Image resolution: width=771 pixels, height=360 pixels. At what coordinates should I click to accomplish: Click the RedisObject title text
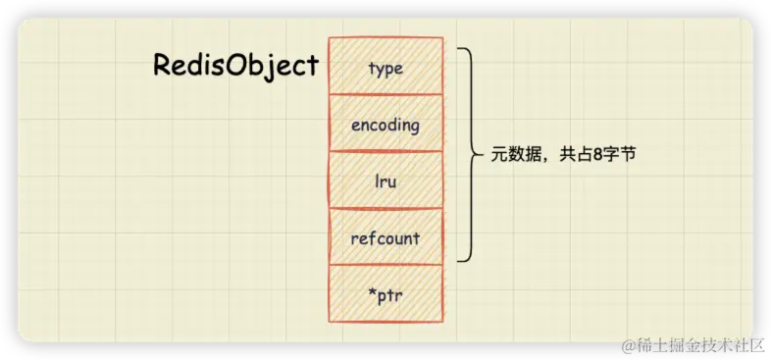point(236,66)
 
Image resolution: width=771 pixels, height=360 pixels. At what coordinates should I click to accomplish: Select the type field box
point(386,66)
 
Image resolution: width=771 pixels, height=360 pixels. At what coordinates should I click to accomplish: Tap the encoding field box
point(386,123)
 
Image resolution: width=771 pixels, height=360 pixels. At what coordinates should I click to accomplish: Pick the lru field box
point(386,180)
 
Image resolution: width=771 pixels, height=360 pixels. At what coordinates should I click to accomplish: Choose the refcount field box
point(386,236)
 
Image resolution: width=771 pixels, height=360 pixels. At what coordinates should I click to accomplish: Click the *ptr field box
point(386,293)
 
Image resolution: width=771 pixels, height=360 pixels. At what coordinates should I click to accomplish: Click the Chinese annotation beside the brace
point(563,155)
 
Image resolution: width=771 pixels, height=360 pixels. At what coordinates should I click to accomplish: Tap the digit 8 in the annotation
point(599,155)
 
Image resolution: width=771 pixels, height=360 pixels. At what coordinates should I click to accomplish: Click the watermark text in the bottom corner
point(694,345)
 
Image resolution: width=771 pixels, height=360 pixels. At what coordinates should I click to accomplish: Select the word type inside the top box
point(386,69)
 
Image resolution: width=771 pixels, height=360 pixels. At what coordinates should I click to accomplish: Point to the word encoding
point(385,126)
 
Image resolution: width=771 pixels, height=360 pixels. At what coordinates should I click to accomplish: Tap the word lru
point(385,182)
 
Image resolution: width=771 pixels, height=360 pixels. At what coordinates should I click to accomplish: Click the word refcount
point(385,239)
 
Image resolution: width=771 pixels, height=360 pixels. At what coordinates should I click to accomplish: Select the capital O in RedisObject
point(241,66)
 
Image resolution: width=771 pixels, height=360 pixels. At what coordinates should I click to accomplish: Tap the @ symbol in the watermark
point(629,346)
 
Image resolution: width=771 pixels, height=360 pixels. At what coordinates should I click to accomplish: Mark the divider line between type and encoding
point(386,94)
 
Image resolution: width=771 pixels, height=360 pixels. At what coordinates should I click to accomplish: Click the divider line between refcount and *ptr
point(386,265)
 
